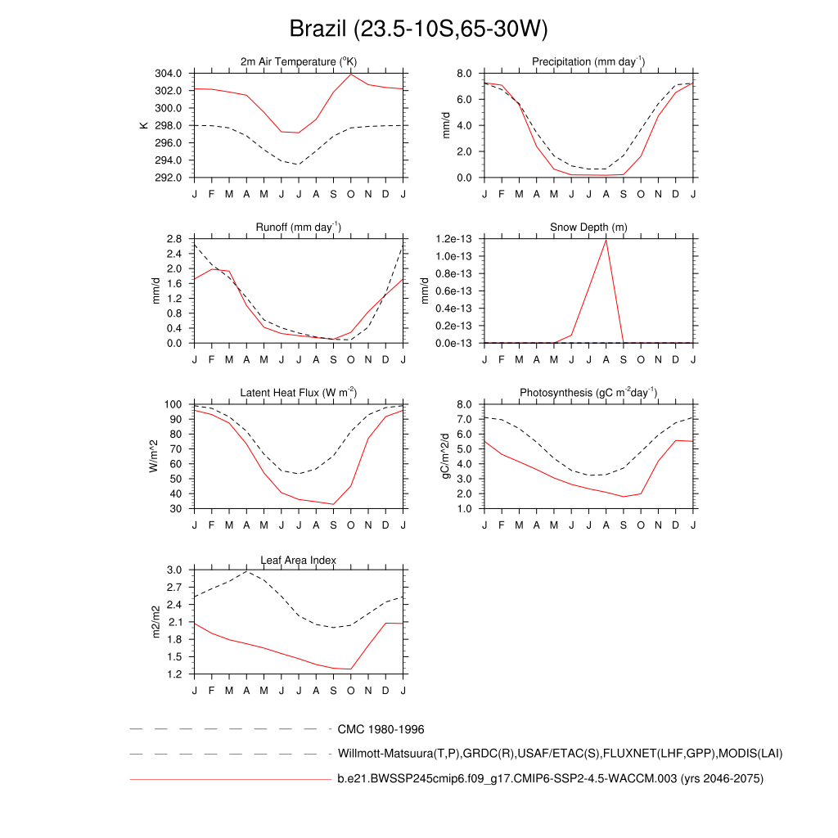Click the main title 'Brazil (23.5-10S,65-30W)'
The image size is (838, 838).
(418, 29)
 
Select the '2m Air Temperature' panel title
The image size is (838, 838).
(299, 61)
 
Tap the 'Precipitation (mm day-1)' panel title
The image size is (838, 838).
(588, 61)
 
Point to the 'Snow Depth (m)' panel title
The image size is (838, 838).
(588, 227)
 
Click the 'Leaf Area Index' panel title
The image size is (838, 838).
(299, 560)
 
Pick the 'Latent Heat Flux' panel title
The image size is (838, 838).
(299, 393)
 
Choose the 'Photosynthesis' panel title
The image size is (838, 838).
(588, 393)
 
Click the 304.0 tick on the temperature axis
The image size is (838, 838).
(170, 73)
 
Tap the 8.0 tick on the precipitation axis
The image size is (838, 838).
(464, 73)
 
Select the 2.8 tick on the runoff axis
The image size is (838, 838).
(174, 239)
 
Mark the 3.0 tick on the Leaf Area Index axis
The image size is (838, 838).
(174, 570)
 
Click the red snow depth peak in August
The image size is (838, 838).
(606, 240)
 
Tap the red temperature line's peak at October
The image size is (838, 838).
(351, 74)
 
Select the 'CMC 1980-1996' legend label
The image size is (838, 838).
(381, 729)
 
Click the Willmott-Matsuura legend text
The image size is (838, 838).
(561, 753)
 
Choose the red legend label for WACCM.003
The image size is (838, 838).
(550, 779)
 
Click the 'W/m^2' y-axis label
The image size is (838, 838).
(153, 456)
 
